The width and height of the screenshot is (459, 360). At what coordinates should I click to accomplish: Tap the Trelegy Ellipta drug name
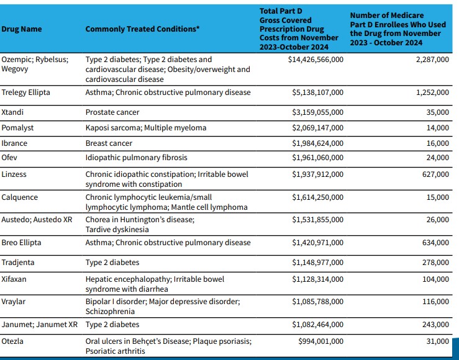[x=25, y=92]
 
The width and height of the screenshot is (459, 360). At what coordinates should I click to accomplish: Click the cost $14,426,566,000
[x=316, y=60]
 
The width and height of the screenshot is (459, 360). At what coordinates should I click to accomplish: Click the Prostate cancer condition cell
[x=112, y=112]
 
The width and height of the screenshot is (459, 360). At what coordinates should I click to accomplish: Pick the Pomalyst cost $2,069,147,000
[x=317, y=128]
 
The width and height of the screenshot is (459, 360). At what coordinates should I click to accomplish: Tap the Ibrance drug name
[x=14, y=143]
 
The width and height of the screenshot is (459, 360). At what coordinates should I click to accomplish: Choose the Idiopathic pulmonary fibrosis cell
[x=136, y=158]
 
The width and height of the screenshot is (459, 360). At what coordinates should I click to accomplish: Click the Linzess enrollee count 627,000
[x=435, y=174]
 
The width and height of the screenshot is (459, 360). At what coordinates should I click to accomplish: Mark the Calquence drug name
[x=19, y=197]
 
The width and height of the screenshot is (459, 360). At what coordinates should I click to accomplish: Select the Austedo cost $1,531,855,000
[x=317, y=220]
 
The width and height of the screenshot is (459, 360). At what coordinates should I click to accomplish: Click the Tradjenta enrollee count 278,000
[x=435, y=263]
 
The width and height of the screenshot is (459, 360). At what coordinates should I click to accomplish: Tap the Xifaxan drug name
[x=14, y=280]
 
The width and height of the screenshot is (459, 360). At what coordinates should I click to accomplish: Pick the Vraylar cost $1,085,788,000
[x=317, y=302]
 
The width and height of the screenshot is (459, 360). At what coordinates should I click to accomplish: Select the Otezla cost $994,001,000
[x=320, y=341]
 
